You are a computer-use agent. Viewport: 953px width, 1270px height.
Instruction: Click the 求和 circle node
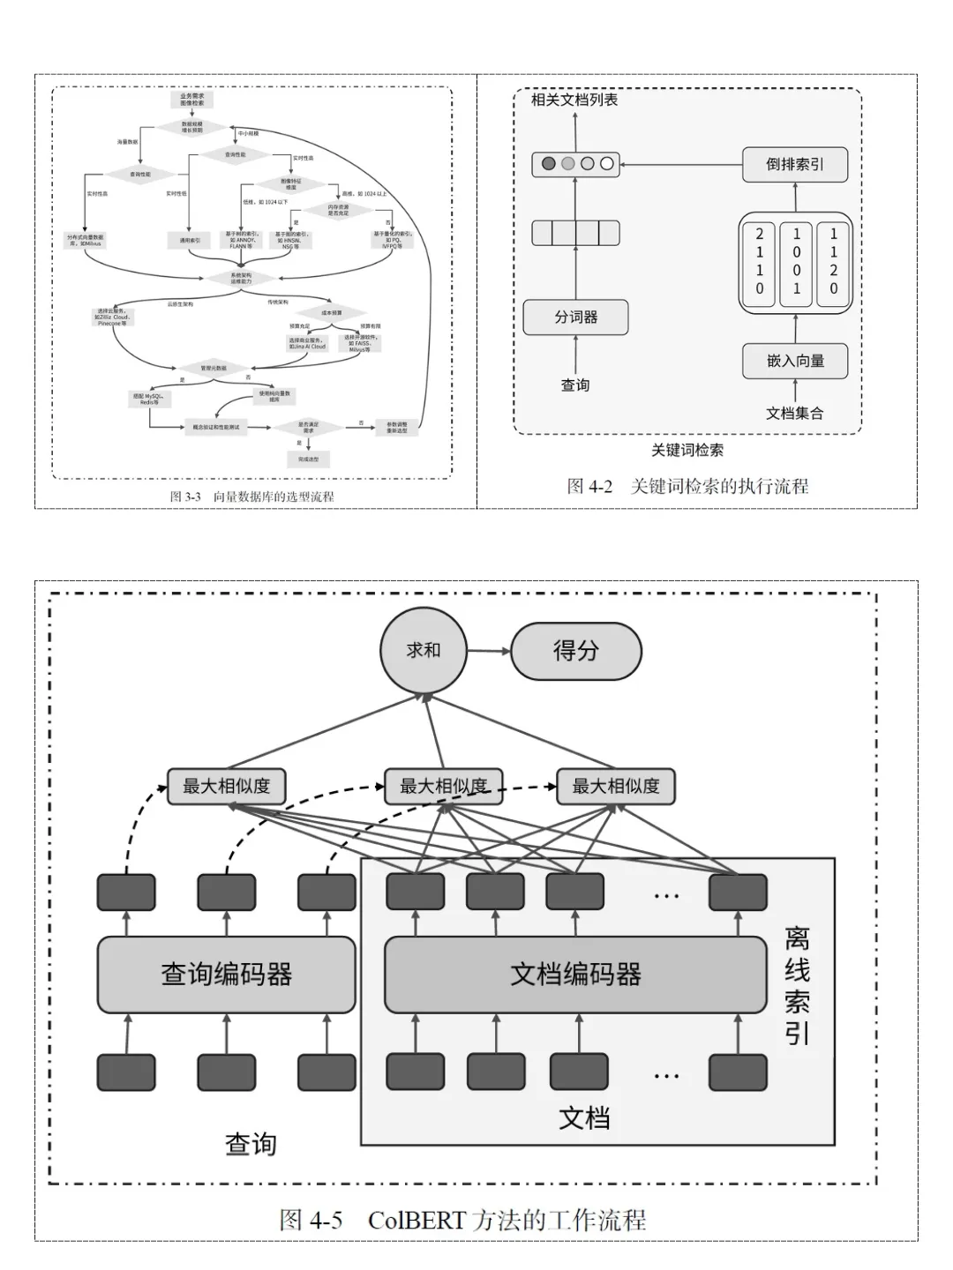(x=423, y=651)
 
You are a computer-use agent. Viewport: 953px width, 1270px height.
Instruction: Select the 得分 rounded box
(x=575, y=651)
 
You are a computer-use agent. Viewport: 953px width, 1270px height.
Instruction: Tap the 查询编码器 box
(x=226, y=974)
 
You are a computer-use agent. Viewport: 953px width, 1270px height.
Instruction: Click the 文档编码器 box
(x=575, y=974)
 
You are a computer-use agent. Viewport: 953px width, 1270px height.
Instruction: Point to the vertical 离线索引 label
(x=797, y=985)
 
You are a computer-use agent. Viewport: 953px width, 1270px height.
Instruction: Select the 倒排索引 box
(x=794, y=164)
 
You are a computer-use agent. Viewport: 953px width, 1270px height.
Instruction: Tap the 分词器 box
(x=575, y=317)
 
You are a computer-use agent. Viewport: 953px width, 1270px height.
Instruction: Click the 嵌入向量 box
(x=794, y=361)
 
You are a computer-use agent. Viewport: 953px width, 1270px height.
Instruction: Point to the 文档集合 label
(x=794, y=413)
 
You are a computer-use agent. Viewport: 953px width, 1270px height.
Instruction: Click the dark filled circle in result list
(x=548, y=163)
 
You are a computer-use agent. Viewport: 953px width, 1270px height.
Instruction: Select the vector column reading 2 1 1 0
(x=759, y=261)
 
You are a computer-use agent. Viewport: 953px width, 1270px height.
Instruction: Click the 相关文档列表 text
(x=574, y=100)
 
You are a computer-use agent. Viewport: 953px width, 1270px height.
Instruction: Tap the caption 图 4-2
(x=589, y=486)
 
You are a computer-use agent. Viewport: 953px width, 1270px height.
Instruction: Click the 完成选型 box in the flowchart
(x=308, y=459)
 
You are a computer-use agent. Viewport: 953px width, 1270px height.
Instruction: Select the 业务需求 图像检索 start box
(x=191, y=100)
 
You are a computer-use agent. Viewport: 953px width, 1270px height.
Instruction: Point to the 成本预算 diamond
(x=331, y=312)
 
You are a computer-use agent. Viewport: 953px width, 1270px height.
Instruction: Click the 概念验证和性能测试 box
(x=216, y=427)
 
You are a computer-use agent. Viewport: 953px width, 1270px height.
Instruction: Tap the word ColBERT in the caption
(x=416, y=1221)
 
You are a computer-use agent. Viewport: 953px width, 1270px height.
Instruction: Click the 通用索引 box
(x=189, y=240)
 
